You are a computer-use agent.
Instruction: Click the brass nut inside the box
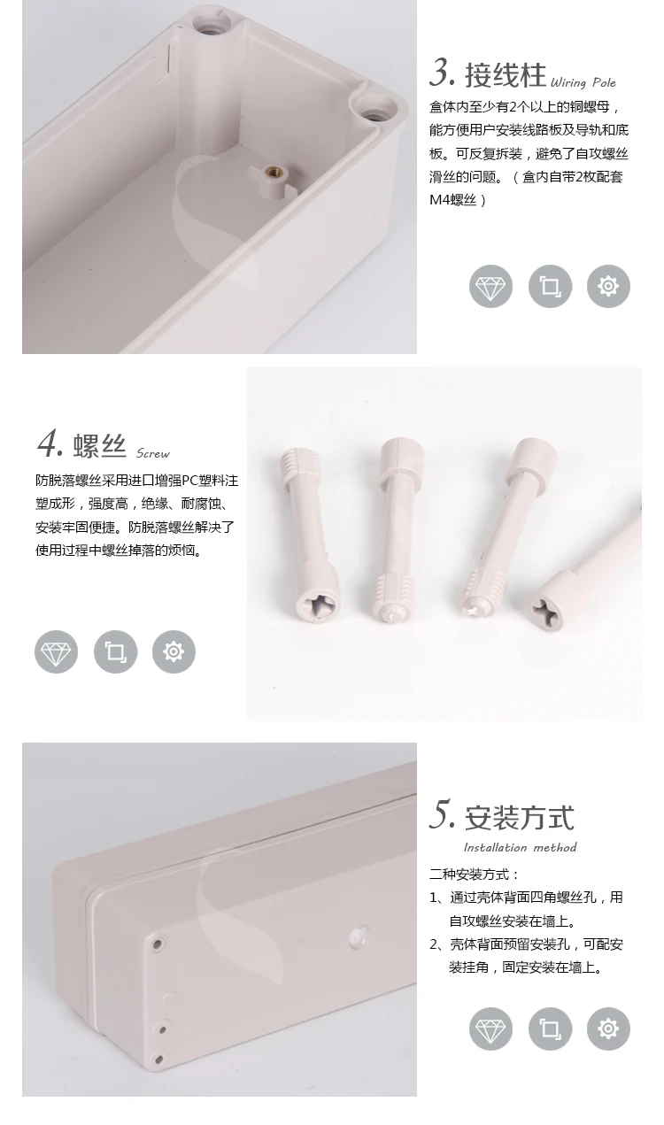click(273, 174)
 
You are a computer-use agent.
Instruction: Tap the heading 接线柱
click(505, 76)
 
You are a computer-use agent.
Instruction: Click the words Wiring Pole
click(583, 82)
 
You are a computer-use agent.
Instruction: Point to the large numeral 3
click(442, 73)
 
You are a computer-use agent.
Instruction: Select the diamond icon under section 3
click(490, 286)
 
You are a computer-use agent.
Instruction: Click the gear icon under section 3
click(608, 286)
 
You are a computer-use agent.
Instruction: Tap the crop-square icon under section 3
click(550, 286)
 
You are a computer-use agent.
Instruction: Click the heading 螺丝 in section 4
click(99, 445)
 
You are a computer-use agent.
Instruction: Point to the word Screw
click(152, 453)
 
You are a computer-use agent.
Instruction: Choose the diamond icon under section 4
click(57, 651)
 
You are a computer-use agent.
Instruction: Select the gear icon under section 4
click(174, 651)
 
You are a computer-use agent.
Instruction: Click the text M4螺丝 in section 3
click(452, 200)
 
